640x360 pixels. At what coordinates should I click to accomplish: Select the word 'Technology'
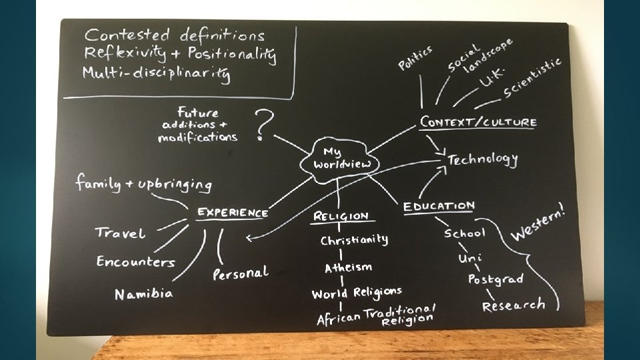[x=483, y=159]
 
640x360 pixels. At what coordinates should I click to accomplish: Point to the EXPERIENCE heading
[x=232, y=213]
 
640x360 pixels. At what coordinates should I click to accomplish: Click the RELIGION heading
[x=341, y=216]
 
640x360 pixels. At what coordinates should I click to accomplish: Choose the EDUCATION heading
[x=439, y=207]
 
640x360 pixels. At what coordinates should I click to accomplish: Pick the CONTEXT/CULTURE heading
[x=477, y=122]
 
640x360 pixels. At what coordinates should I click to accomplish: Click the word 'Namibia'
[x=144, y=293]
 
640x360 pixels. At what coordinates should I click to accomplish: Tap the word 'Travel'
[x=121, y=233]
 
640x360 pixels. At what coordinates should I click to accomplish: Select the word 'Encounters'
[x=136, y=262]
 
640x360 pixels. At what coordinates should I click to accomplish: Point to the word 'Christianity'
[x=354, y=240]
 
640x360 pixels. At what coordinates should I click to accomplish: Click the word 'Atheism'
[x=348, y=267]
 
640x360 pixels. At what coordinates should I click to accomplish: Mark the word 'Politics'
[x=415, y=57]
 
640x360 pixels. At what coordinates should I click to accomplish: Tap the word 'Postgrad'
[x=495, y=279]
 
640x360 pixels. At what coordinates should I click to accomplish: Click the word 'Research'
[x=513, y=305]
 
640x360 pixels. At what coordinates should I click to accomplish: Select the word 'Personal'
[x=241, y=273]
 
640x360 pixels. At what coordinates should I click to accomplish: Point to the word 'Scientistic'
[x=533, y=77]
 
